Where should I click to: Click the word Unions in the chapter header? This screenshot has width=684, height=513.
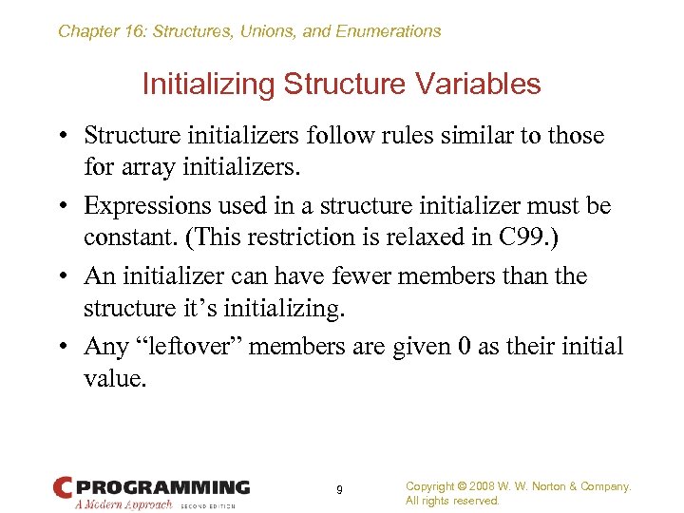[268, 31]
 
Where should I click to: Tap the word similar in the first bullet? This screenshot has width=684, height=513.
[461, 136]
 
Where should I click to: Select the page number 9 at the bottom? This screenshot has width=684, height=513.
[339, 491]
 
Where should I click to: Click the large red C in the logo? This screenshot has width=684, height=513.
[64, 488]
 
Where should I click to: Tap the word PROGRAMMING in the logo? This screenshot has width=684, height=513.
[162, 487]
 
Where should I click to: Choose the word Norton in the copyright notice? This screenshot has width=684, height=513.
[553, 486]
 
